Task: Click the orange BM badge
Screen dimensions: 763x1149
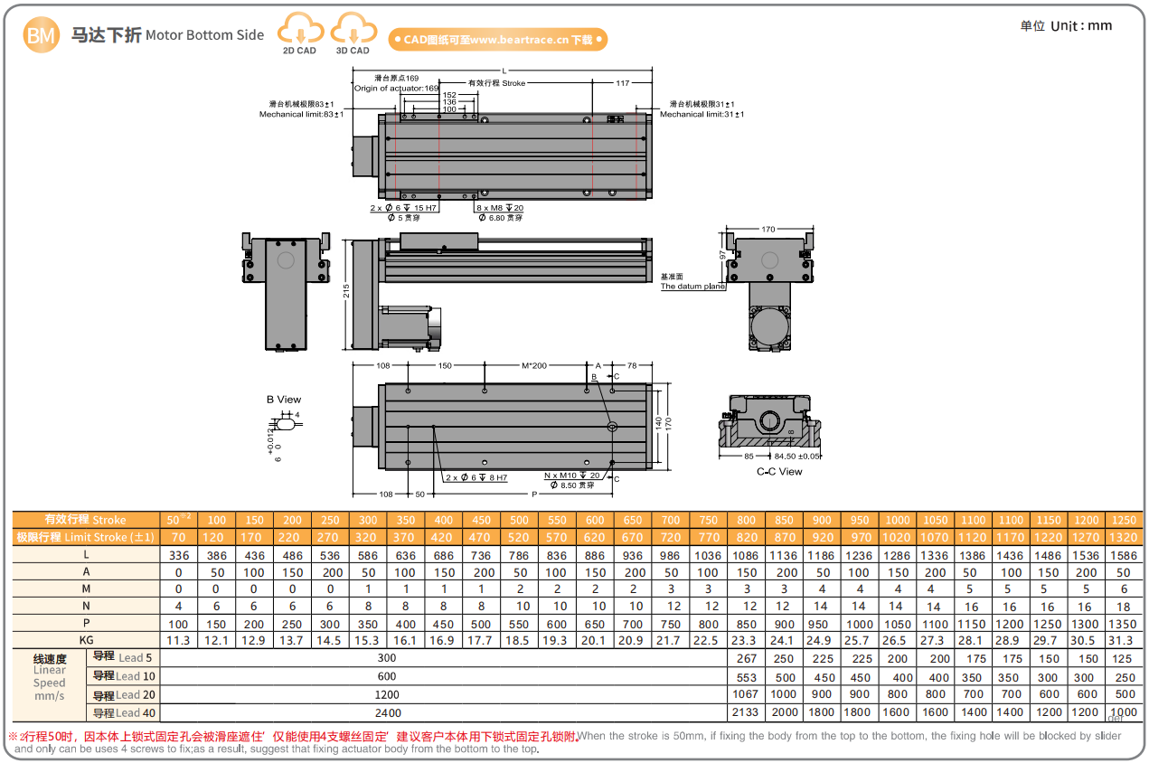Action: [41, 35]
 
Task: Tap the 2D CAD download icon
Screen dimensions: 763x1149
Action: [299, 33]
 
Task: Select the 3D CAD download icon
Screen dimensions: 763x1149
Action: [353, 33]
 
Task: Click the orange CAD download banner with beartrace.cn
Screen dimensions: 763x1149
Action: [497, 40]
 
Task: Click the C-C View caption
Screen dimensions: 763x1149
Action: [779, 471]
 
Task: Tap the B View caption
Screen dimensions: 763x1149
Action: [284, 400]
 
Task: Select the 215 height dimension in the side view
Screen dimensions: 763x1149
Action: [345, 292]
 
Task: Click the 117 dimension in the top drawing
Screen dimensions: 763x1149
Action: [622, 83]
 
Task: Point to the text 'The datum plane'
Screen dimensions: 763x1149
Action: [692, 287]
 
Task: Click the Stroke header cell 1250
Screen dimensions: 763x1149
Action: [1124, 520]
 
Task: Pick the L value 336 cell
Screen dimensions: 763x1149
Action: [178, 554]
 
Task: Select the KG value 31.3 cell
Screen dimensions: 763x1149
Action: [1124, 640]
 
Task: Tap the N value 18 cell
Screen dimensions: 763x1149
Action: [1124, 607]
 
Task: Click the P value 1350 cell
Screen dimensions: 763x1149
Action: [1124, 624]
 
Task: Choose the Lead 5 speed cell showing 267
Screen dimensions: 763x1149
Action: [746, 658]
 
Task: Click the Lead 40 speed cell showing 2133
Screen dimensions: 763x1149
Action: [746, 712]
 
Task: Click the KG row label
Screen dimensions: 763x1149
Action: [85, 640]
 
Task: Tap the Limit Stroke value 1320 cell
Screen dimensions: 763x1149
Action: [1124, 537]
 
